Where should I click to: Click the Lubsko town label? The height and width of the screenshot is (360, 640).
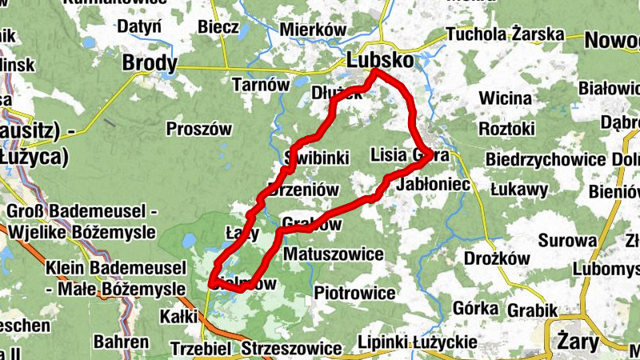(x=381, y=61)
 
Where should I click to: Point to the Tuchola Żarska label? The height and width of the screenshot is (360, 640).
(x=505, y=35)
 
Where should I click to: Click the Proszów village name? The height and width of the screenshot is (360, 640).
(x=199, y=129)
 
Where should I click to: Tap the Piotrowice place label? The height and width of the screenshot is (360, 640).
(x=355, y=293)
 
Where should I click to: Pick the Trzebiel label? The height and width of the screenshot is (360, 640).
(x=201, y=350)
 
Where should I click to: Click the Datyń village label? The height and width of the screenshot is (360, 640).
(x=140, y=27)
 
